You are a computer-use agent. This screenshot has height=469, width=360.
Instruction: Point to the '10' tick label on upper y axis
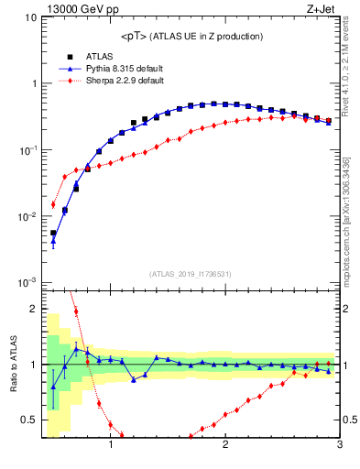(30, 17)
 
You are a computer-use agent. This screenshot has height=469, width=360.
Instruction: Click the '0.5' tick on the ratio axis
(27, 420)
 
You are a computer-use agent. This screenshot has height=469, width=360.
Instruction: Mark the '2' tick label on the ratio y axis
(32, 309)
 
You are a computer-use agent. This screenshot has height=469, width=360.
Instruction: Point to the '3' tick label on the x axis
(339, 446)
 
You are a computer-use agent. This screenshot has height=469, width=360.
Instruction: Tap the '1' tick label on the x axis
(111, 446)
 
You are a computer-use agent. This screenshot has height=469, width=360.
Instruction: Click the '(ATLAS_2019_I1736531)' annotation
(191, 274)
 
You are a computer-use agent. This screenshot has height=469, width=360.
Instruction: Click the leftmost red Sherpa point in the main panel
(53, 205)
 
